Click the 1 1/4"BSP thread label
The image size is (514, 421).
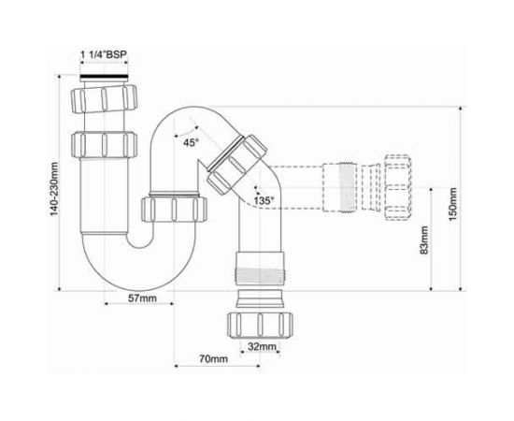point(104,54)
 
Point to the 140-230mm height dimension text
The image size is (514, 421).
point(54,189)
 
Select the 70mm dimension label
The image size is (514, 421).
point(213,359)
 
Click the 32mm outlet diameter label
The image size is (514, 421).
point(262,346)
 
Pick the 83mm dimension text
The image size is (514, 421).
point(424,240)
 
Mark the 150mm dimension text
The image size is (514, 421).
point(452,204)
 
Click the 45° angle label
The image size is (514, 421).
point(191,143)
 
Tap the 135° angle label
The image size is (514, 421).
point(264,200)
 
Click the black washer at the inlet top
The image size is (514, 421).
point(105,78)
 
